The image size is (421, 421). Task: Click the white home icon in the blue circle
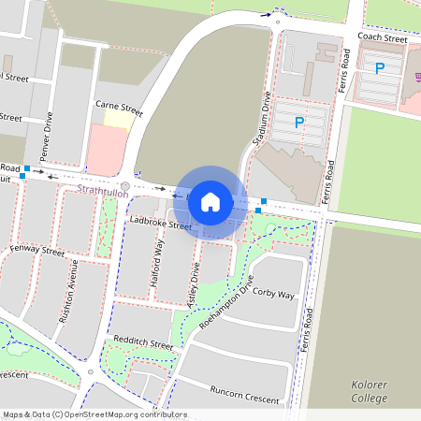point(210,201)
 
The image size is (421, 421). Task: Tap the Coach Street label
point(384,39)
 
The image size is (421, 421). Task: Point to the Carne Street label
point(119,110)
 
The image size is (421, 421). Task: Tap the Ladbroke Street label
point(161,224)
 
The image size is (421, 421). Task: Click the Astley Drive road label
point(195,286)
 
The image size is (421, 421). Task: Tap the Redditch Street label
point(142,344)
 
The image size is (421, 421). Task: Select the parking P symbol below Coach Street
point(380,68)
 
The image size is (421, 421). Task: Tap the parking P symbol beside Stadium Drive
point(299,123)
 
